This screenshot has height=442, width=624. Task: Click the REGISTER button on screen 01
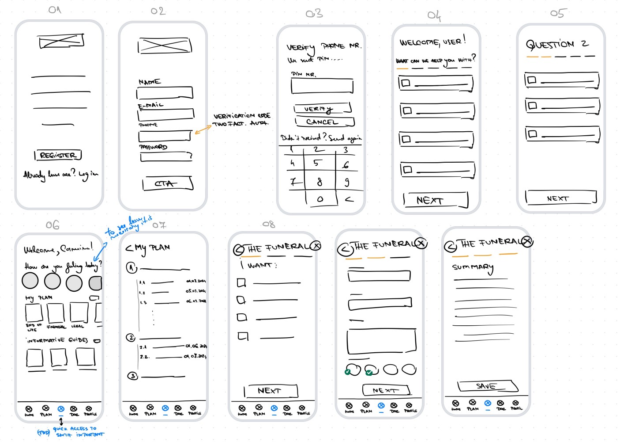(58, 155)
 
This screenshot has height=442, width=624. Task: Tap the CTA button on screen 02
(168, 183)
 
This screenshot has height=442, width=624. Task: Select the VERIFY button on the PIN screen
(322, 109)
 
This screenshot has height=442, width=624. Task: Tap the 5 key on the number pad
(316, 163)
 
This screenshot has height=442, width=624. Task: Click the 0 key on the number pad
(320, 199)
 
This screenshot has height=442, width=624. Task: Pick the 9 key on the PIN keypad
(347, 182)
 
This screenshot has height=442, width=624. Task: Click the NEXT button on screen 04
(436, 200)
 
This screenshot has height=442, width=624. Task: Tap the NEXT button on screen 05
(560, 198)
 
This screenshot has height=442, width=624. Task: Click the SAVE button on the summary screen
(487, 386)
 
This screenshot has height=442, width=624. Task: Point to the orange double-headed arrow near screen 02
(203, 130)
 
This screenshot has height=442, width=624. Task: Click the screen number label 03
(314, 14)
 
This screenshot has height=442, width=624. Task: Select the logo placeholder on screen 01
(61, 42)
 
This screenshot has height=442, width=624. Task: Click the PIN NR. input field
(322, 86)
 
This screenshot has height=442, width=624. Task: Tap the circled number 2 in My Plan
(131, 338)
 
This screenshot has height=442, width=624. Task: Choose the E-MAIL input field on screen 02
(165, 114)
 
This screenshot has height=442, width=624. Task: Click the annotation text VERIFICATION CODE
(242, 116)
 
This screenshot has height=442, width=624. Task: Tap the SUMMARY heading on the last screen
(473, 267)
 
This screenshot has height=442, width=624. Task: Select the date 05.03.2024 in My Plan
(195, 291)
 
